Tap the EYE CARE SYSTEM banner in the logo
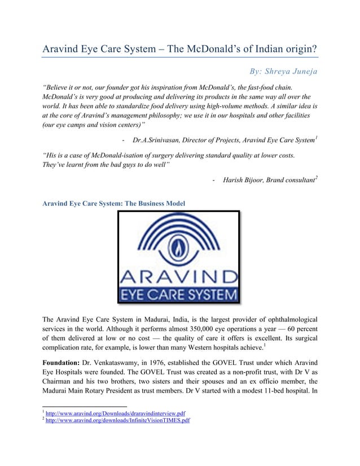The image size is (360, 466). click(178, 294)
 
